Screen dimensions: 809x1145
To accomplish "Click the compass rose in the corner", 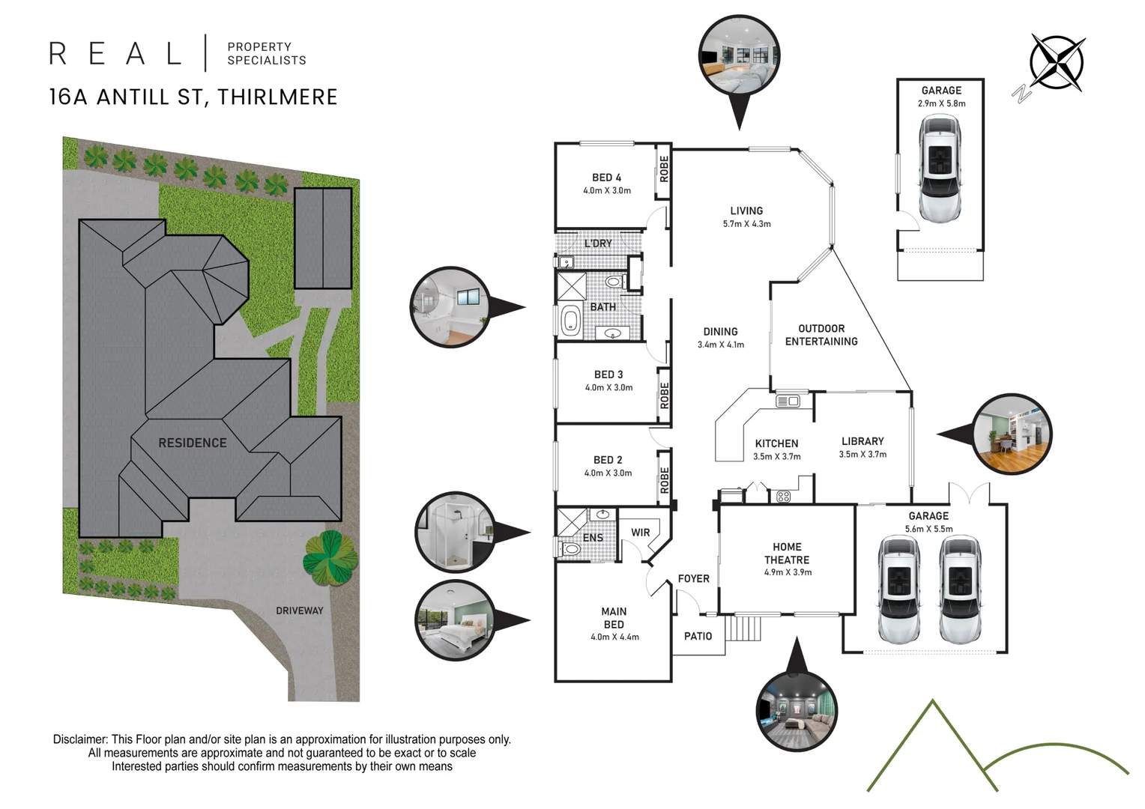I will [1056, 62].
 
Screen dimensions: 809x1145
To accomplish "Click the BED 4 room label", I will [606, 178].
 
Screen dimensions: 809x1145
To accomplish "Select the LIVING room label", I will [746, 211].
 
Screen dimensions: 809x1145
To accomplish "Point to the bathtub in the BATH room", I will [570, 321].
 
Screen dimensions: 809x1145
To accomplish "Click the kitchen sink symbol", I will [788, 402].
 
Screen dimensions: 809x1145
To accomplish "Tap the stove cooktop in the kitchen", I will [783, 496].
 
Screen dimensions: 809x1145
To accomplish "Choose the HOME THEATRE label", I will [787, 554].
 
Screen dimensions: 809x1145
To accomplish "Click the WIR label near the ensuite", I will [640, 533].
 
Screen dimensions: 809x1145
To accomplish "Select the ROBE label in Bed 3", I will [664, 395].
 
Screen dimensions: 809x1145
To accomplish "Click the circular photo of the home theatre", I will [796, 710].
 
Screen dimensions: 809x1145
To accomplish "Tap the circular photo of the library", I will [1012, 434].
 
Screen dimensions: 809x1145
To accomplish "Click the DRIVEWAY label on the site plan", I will [299, 610].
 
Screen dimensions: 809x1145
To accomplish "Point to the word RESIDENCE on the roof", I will [192, 443].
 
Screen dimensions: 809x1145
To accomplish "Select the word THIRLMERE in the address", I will [277, 97].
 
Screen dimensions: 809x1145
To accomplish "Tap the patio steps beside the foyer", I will [744, 627].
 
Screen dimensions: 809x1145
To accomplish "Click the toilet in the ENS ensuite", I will [570, 549].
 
